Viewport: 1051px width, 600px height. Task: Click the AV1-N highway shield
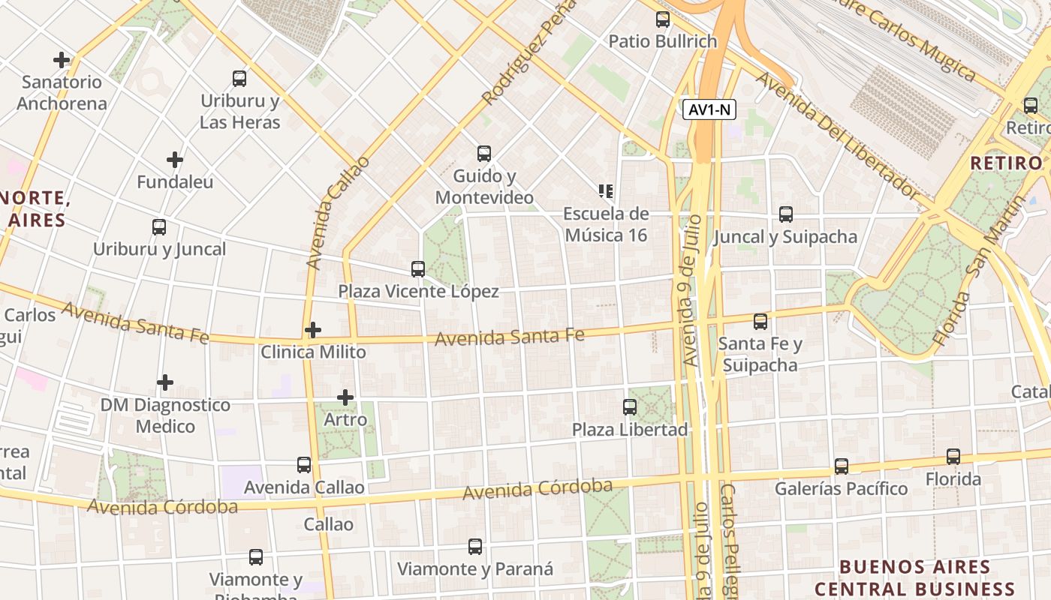point(709,110)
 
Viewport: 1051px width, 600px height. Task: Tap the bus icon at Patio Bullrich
point(663,19)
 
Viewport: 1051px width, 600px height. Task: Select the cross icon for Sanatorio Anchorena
point(62,60)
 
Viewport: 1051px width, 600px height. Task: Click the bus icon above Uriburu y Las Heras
point(239,78)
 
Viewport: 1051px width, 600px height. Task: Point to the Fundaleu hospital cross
point(175,160)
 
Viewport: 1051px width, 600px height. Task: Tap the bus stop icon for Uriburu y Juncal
point(159,227)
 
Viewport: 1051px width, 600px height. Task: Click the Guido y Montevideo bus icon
point(484,154)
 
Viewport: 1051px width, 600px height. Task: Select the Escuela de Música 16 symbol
point(606,191)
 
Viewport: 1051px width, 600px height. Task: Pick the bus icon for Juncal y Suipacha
point(786,214)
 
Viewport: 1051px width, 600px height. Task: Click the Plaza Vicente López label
point(418,291)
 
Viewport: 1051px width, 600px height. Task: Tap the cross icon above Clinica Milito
point(313,330)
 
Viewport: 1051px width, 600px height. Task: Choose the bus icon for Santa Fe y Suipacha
point(760,322)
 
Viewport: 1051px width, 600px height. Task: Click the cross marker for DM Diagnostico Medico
point(165,383)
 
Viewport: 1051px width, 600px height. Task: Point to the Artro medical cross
point(345,397)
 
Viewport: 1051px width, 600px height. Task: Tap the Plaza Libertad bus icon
point(630,407)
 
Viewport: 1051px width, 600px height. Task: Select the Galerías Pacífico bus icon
point(842,466)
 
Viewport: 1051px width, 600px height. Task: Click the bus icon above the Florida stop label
point(953,456)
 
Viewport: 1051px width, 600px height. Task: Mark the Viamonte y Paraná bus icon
point(475,547)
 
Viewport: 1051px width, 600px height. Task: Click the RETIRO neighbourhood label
point(1006,163)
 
